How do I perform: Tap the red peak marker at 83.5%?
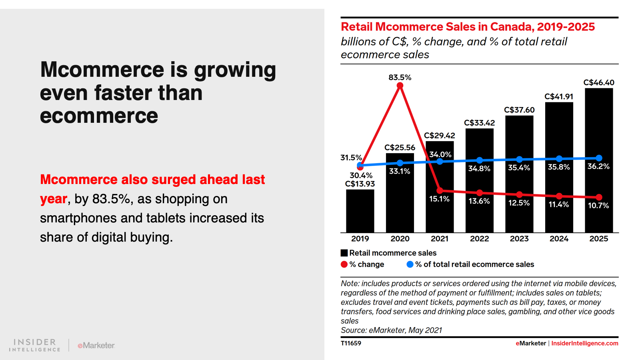coord(400,86)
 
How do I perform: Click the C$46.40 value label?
coord(598,83)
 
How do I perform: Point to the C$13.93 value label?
coord(360,184)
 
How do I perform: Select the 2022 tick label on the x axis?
coord(479,239)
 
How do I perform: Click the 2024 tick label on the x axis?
coord(559,239)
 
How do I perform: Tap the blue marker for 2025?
coord(599,158)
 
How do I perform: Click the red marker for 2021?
coord(440,190)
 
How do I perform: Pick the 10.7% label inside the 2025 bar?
coord(598,206)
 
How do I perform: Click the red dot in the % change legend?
coord(344,264)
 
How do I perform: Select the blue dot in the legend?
coord(410,264)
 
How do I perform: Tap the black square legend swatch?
coord(344,253)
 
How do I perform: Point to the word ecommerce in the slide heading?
coord(99,116)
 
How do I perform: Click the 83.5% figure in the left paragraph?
coord(112,199)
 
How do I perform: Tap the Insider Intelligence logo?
coord(35,345)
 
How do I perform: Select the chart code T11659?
coord(351,343)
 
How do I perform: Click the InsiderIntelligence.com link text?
coord(584,343)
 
